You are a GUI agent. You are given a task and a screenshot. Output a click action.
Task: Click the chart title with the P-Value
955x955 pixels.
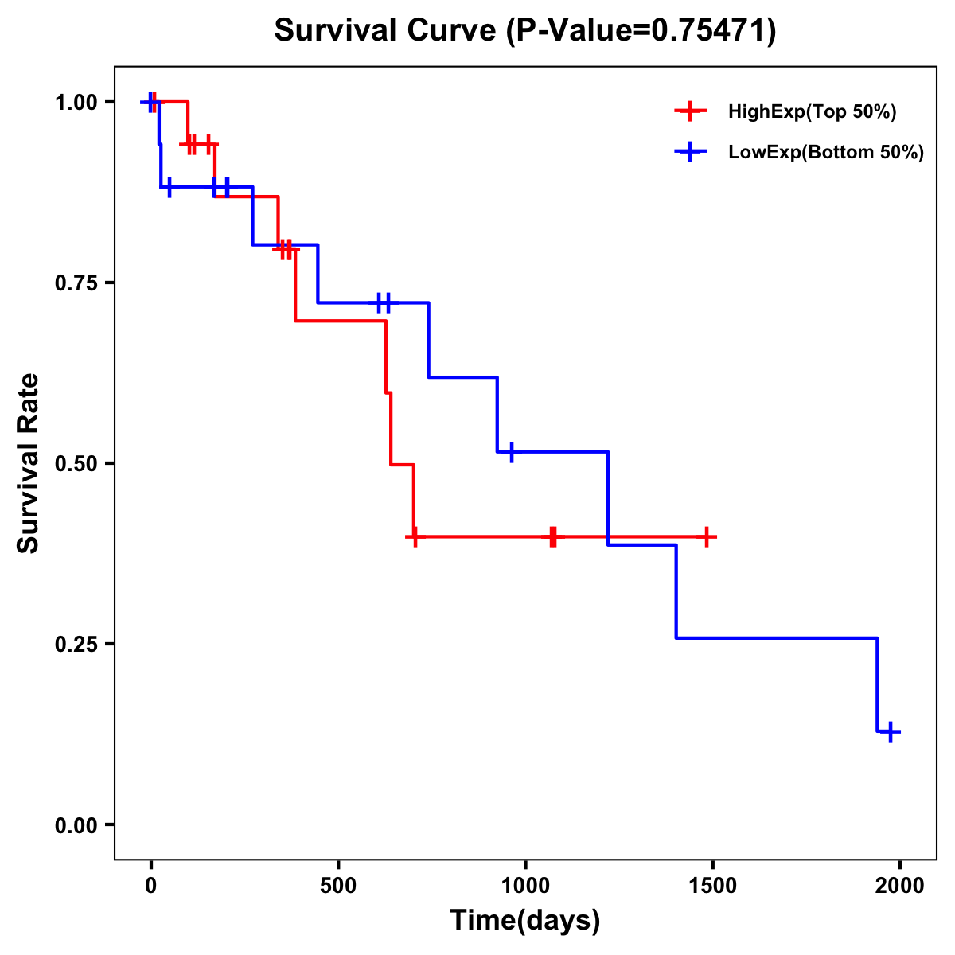pyautogui.click(x=525, y=30)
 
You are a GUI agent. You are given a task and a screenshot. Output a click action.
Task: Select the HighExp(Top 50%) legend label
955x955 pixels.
pyautogui.click(x=813, y=112)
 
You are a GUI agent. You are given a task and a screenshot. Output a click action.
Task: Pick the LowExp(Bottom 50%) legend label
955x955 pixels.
pyautogui.click(x=826, y=153)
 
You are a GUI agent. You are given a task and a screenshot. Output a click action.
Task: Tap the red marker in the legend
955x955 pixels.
pyautogui.click(x=690, y=111)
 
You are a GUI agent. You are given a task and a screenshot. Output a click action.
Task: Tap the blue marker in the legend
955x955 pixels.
pyautogui.click(x=690, y=152)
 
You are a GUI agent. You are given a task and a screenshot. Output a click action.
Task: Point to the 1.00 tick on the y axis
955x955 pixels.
pyautogui.click(x=76, y=103)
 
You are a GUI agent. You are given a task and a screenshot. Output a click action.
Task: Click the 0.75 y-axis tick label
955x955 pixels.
pyautogui.click(x=76, y=283)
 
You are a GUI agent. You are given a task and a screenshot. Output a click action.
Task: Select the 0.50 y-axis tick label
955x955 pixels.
pyautogui.click(x=76, y=464)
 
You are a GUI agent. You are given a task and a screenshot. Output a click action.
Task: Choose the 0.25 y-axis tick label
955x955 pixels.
pyautogui.click(x=76, y=645)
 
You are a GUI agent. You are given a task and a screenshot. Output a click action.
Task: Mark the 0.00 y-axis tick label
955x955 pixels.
pyautogui.click(x=76, y=825)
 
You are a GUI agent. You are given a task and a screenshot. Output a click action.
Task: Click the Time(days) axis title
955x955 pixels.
pyautogui.click(x=525, y=921)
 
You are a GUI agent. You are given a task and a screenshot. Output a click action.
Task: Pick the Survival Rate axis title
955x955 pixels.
pyautogui.click(x=29, y=463)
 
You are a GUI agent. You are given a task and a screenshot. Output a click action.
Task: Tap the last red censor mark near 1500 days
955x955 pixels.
pyautogui.click(x=705, y=536)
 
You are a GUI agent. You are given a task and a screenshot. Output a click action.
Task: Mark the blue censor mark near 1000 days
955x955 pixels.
pyautogui.click(x=511, y=451)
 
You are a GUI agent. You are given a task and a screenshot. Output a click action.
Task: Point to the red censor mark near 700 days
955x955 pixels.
pyautogui.click(x=414, y=536)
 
